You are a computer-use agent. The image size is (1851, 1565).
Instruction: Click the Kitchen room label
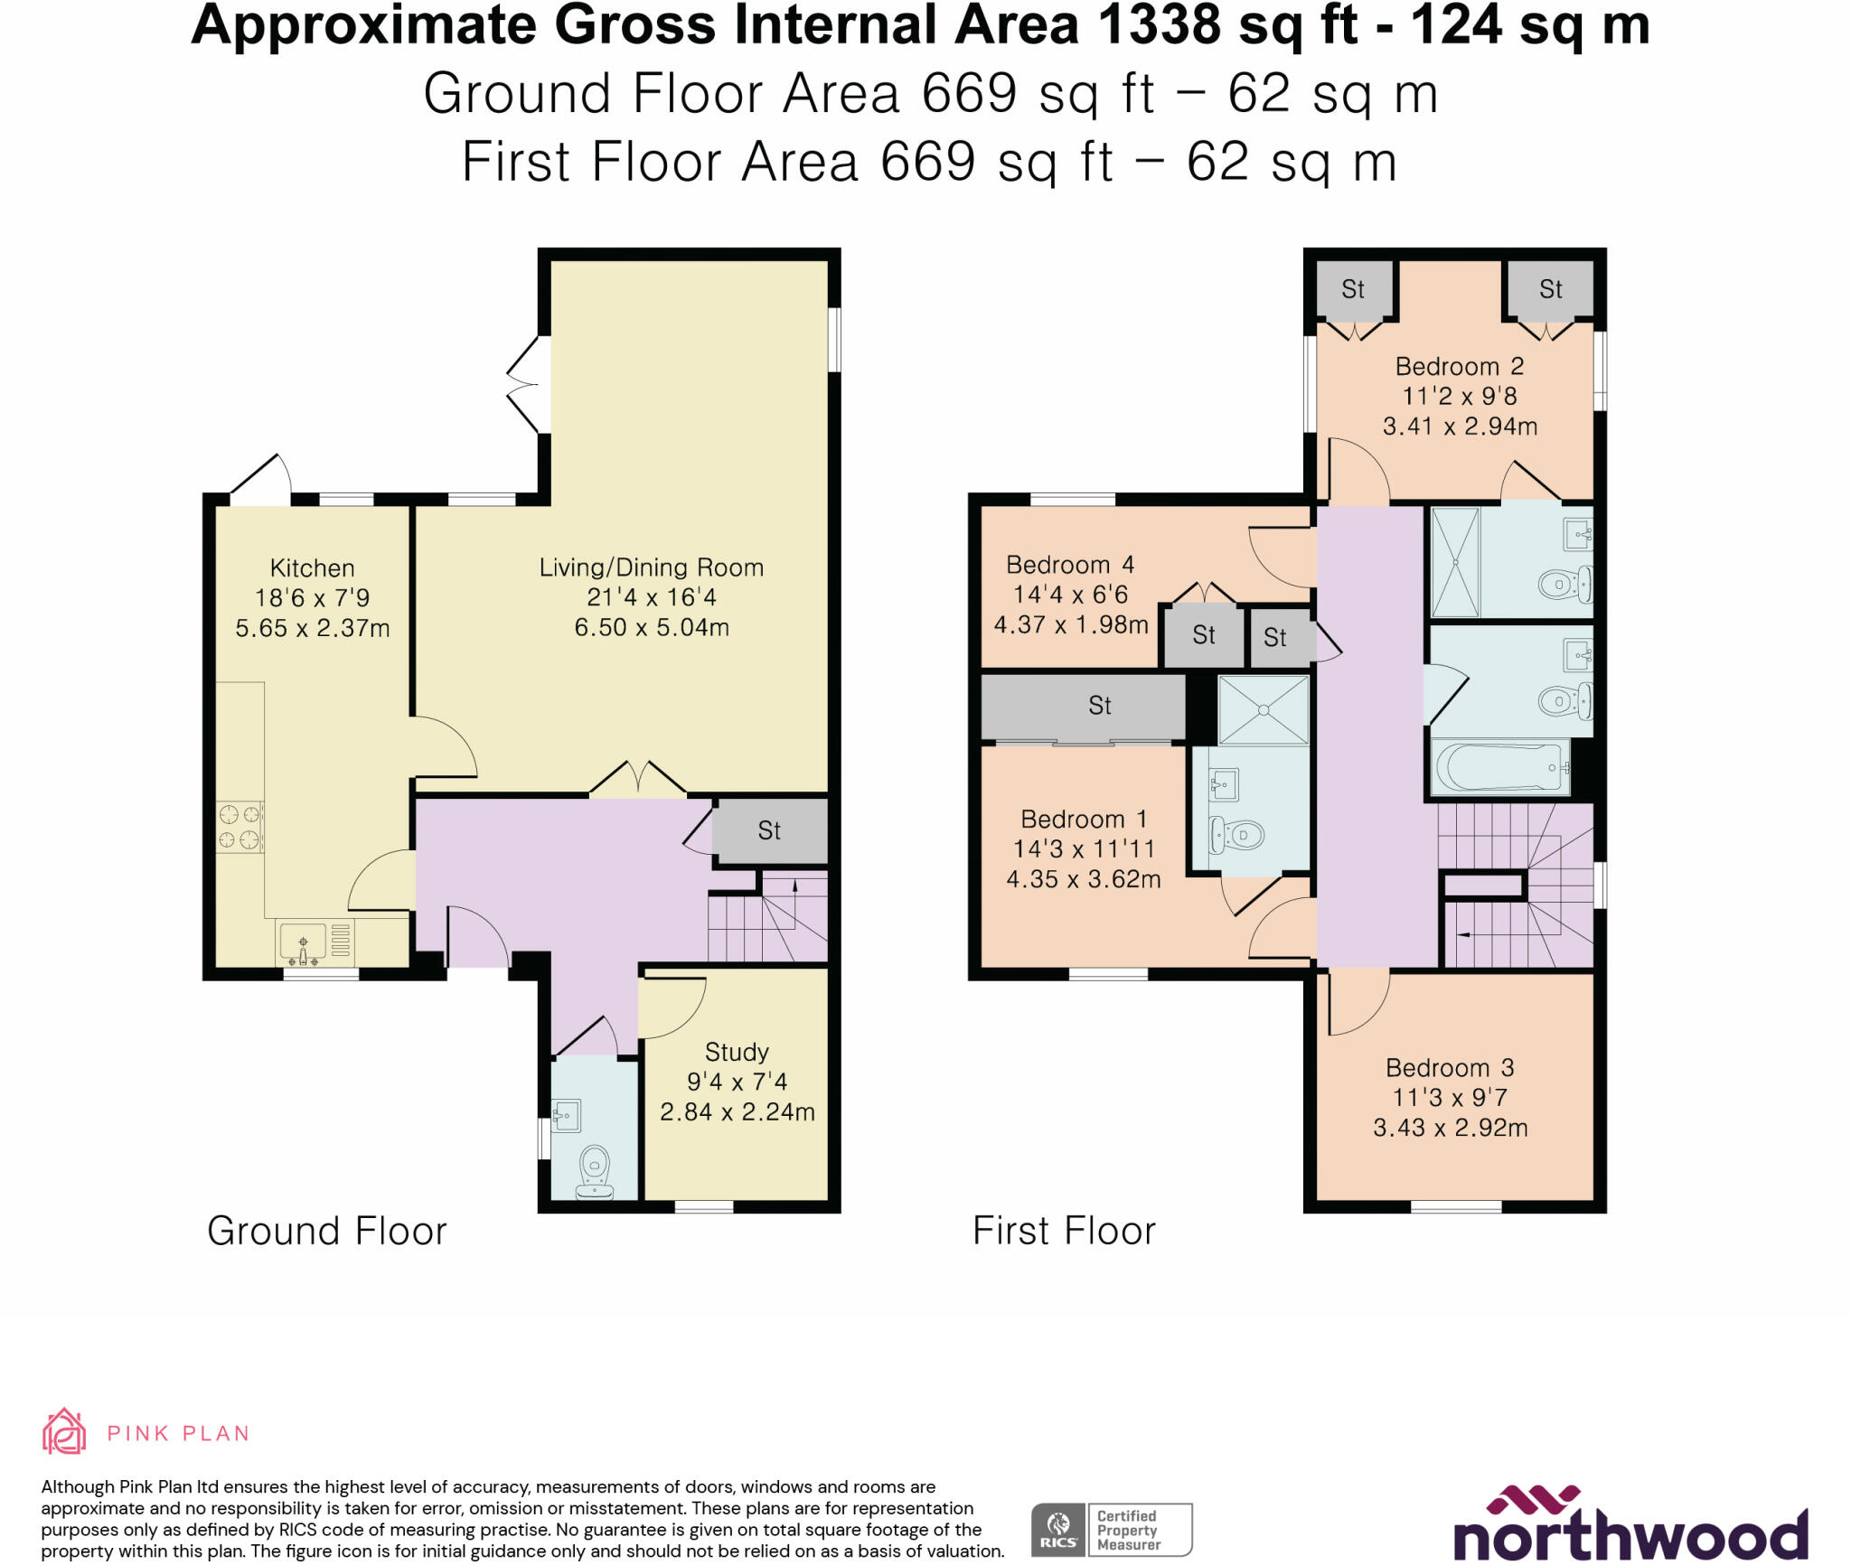tap(312, 568)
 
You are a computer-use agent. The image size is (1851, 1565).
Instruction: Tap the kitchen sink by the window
tap(304, 942)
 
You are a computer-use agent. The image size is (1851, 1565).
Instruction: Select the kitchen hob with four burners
tap(240, 827)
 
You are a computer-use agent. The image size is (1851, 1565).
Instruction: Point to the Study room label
tap(737, 1052)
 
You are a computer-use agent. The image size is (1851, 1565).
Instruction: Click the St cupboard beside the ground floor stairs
tap(769, 830)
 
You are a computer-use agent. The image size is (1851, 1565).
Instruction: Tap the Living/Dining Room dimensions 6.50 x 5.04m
tap(652, 627)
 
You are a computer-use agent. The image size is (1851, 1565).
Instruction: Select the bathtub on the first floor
tap(1500, 768)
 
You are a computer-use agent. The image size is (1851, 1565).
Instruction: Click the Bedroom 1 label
tap(1084, 819)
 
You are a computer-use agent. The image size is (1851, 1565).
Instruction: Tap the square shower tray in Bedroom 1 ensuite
tap(1263, 710)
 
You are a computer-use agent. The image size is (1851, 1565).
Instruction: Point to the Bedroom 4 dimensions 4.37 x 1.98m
tap(1071, 624)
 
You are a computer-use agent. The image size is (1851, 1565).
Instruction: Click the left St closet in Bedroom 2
tap(1353, 289)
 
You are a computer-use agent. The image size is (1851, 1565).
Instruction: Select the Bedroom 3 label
tap(1450, 1067)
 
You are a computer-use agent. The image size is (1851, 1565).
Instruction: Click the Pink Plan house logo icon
tap(64, 1432)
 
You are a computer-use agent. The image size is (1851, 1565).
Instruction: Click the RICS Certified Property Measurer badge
tap(1112, 1530)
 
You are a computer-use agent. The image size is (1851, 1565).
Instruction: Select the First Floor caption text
tap(1064, 1231)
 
